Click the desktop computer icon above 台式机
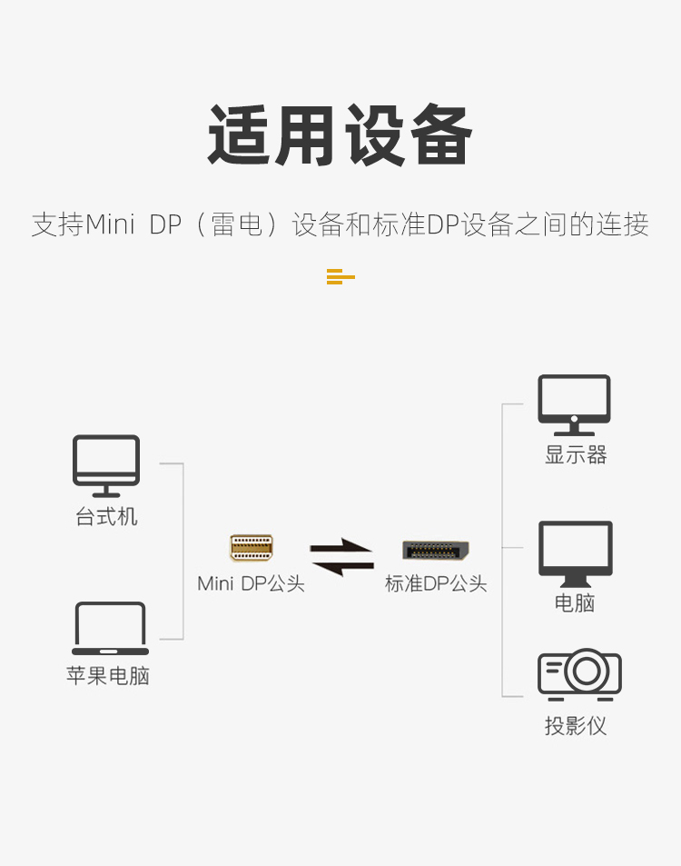106,466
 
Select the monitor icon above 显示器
574,405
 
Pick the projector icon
579,674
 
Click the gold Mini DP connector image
252,547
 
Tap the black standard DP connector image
436,550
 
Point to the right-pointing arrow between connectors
341,547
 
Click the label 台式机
106,517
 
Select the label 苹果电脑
108,676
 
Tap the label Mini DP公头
252,583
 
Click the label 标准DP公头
436,583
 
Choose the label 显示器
576,455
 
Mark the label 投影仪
576,726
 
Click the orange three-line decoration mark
340,276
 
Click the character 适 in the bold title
240,134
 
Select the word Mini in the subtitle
110,224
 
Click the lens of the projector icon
586,671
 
